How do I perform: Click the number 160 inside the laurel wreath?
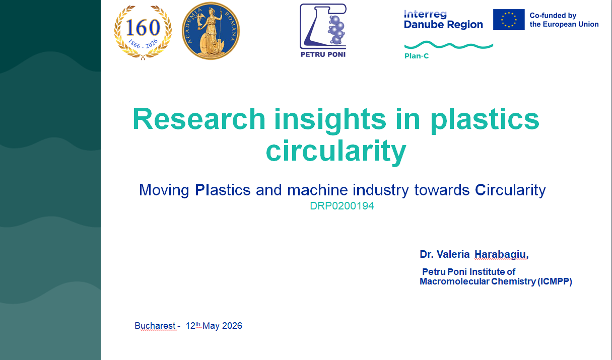tap(143, 28)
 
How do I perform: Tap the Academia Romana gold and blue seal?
tap(211, 30)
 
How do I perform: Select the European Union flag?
tap(509, 20)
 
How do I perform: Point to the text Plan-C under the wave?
tap(417, 56)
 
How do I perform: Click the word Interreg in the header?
tap(425, 14)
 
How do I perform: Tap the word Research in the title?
tap(199, 119)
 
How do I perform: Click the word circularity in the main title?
tap(336, 151)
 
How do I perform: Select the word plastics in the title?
tap(485, 120)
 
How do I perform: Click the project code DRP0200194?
tap(342, 206)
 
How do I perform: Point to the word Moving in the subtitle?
tap(164, 190)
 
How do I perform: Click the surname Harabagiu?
tap(501, 255)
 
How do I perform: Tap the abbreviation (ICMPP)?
tap(555, 281)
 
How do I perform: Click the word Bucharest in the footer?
tap(155, 326)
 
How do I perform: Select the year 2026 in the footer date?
tap(232, 326)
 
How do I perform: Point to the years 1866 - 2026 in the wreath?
tap(143, 44)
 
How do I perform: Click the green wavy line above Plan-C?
tap(449, 45)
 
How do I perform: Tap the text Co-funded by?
tap(553, 16)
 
